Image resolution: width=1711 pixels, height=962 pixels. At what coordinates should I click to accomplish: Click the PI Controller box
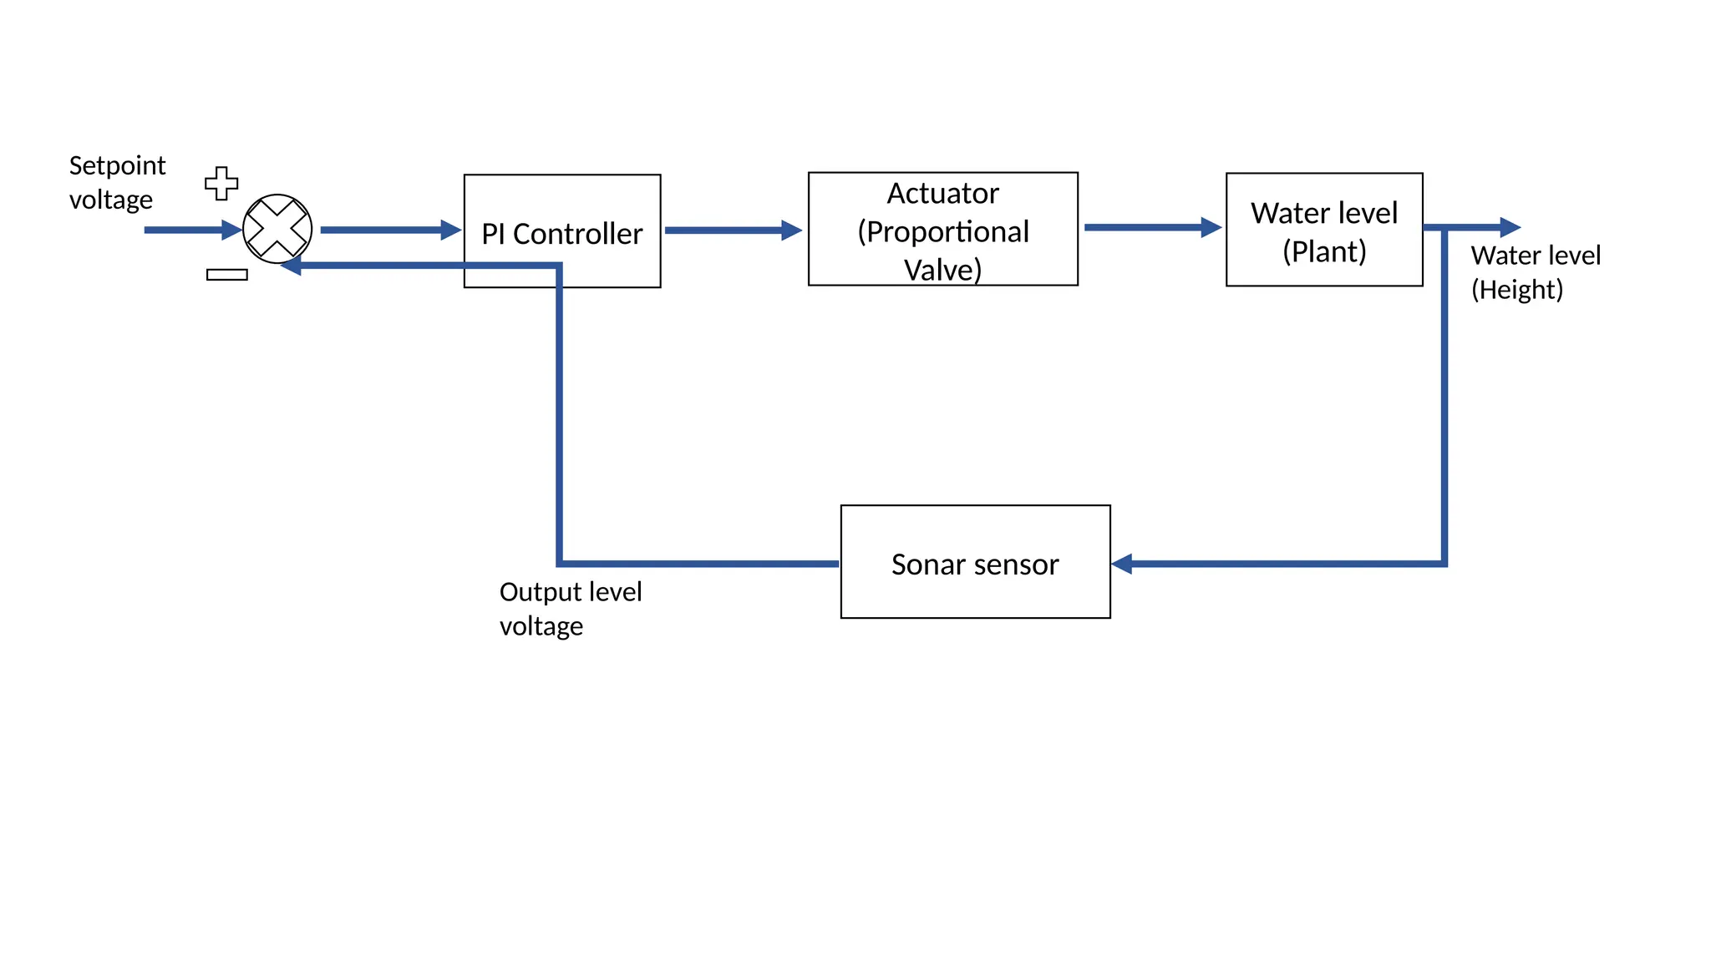pyautogui.click(x=562, y=231)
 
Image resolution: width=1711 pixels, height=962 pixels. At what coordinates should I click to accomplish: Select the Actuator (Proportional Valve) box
pyautogui.click(x=943, y=229)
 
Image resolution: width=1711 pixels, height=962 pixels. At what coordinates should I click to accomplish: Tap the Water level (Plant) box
pyautogui.click(x=1324, y=230)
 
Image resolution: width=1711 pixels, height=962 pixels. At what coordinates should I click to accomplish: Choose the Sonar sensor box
pyautogui.click(x=976, y=561)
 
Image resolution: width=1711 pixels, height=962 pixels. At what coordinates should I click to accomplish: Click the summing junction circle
pyautogui.click(x=277, y=229)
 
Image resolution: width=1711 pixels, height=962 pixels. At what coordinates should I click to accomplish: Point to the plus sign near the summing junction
pyautogui.click(x=221, y=183)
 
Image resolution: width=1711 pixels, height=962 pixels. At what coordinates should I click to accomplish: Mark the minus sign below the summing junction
pyautogui.click(x=227, y=275)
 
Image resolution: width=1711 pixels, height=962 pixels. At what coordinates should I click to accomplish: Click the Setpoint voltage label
pyautogui.click(x=117, y=182)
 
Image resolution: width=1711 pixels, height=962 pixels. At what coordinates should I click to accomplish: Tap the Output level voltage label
pyautogui.click(x=571, y=608)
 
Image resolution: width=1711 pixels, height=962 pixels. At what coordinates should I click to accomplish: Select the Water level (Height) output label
pyautogui.click(x=1536, y=271)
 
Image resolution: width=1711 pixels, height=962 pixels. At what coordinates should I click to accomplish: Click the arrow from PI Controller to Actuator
pyautogui.click(x=734, y=230)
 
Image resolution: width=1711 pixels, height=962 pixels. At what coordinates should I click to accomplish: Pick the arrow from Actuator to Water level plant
pyautogui.click(x=1153, y=227)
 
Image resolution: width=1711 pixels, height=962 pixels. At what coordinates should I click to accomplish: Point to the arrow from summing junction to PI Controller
pyautogui.click(x=391, y=230)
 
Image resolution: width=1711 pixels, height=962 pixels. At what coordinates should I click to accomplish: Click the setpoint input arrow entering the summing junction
pyautogui.click(x=193, y=230)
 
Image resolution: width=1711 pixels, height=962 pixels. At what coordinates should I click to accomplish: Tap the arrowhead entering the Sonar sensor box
pyautogui.click(x=1122, y=564)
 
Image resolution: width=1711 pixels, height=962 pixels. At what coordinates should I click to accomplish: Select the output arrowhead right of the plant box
pyautogui.click(x=1510, y=227)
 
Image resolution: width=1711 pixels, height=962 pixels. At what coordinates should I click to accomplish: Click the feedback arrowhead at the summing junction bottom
pyautogui.click(x=291, y=266)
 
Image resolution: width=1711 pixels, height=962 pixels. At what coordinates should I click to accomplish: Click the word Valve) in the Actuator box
pyautogui.click(x=942, y=270)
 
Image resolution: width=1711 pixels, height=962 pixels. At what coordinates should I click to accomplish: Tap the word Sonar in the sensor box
pyautogui.click(x=922, y=565)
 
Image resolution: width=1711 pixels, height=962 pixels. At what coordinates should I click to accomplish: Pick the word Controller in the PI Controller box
pyautogui.click(x=578, y=234)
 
